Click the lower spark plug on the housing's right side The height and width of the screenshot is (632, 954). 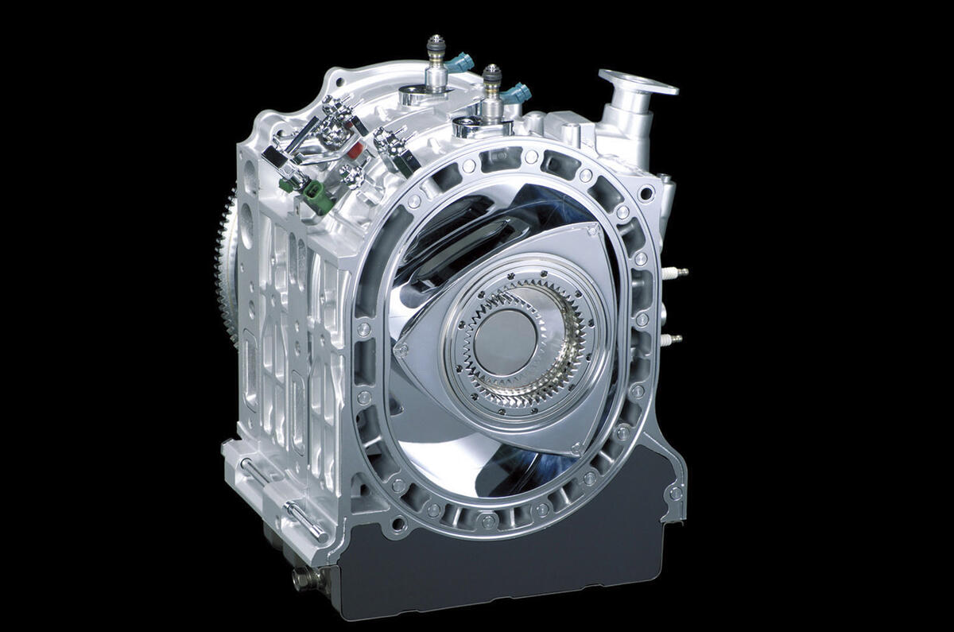(x=672, y=339)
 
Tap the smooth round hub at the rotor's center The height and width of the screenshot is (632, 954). (x=506, y=337)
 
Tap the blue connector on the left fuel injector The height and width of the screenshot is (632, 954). (x=461, y=62)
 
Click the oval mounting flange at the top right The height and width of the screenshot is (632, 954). (x=638, y=82)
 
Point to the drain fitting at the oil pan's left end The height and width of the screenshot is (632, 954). (x=302, y=578)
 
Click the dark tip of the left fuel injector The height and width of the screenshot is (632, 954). (x=435, y=39)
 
